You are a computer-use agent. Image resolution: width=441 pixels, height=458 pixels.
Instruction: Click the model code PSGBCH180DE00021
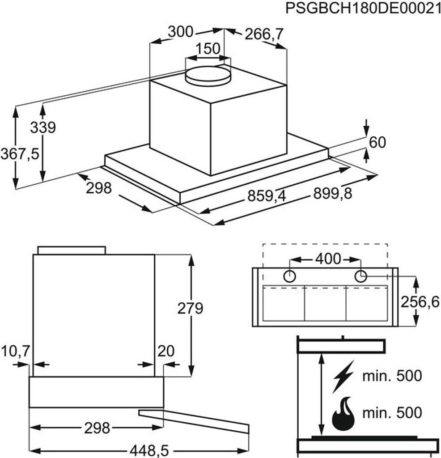pyautogui.click(x=360, y=9)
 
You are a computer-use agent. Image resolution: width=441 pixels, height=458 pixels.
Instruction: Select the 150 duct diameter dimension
pyautogui.click(x=208, y=48)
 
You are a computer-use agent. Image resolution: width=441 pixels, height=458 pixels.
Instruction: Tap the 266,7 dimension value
pyautogui.click(x=265, y=34)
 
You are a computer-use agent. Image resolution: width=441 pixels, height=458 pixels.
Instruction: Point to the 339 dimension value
pyautogui.click(x=43, y=127)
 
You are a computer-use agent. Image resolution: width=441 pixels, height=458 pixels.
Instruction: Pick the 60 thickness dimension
pyautogui.click(x=377, y=142)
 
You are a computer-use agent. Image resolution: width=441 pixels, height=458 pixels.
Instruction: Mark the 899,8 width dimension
pyautogui.click(x=332, y=193)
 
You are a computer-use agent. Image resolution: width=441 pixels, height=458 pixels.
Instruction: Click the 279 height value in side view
pyautogui.click(x=190, y=308)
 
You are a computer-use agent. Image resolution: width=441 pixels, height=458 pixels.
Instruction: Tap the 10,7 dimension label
pyautogui.click(x=16, y=352)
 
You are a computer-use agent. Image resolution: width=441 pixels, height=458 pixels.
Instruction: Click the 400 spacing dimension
pyautogui.click(x=328, y=259)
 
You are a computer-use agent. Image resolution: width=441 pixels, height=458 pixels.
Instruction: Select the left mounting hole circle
pyautogui.click(x=290, y=276)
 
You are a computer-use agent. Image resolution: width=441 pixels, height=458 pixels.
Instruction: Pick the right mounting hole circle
pyautogui.click(x=360, y=276)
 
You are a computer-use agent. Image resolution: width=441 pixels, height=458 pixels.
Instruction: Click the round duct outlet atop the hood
pyautogui.click(x=208, y=75)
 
